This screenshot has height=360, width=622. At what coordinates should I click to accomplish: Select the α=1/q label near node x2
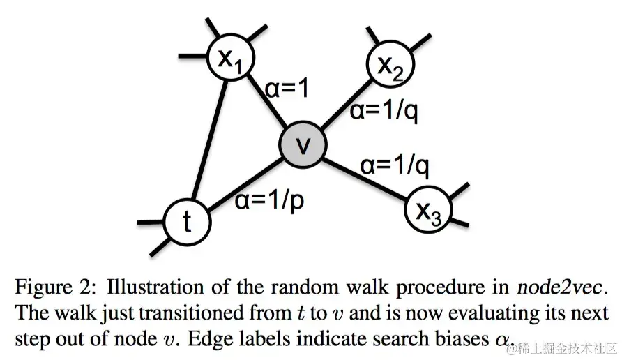coord(384,110)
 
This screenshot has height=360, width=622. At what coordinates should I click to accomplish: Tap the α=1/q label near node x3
coord(394,166)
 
